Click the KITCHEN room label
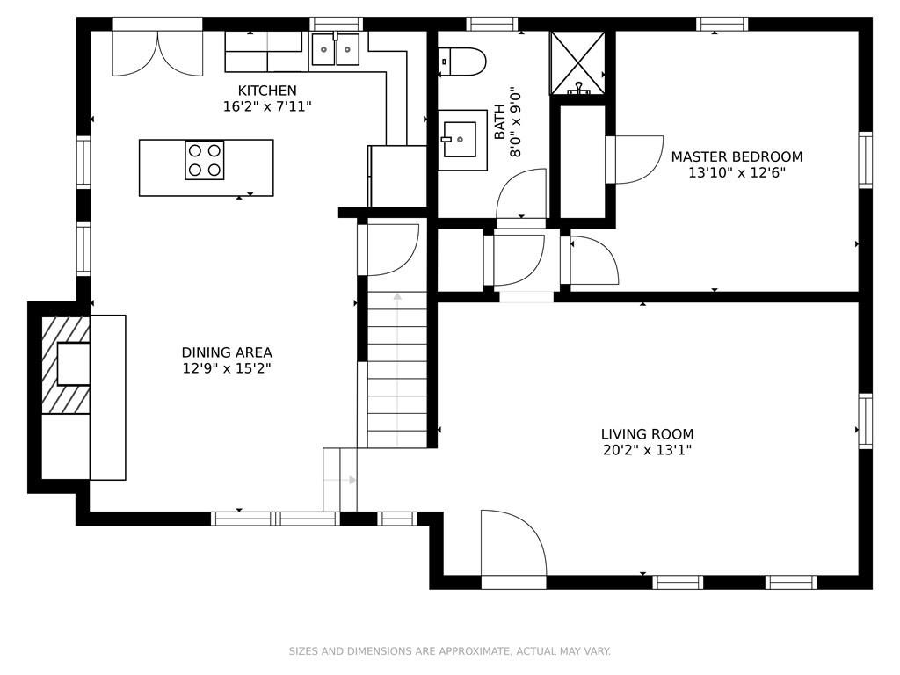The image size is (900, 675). [x=267, y=91]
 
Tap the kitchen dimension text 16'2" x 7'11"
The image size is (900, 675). [x=267, y=106]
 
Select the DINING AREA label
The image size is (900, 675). [x=227, y=352]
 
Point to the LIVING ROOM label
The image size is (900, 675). [x=647, y=434]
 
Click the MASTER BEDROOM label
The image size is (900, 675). [x=737, y=156]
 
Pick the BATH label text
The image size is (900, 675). [x=500, y=121]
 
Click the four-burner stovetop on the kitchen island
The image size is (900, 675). [x=205, y=160]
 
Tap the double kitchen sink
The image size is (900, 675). [x=335, y=49]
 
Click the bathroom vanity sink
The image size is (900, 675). [x=462, y=140]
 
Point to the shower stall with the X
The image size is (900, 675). [x=577, y=63]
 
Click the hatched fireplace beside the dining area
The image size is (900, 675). [x=66, y=365]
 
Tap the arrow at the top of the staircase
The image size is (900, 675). [x=397, y=297]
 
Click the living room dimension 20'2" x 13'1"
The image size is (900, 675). [x=647, y=450]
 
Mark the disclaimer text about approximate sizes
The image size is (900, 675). [x=449, y=651]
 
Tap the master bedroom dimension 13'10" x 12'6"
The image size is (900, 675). [x=737, y=173]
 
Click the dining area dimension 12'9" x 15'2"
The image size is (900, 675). [x=227, y=368]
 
